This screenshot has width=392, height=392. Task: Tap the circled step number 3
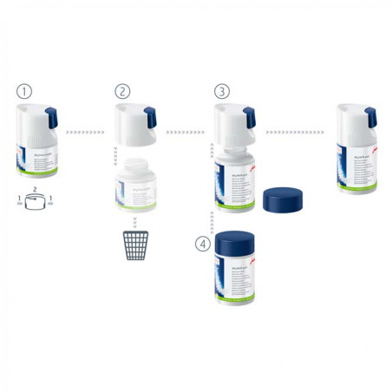coord(222,90)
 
